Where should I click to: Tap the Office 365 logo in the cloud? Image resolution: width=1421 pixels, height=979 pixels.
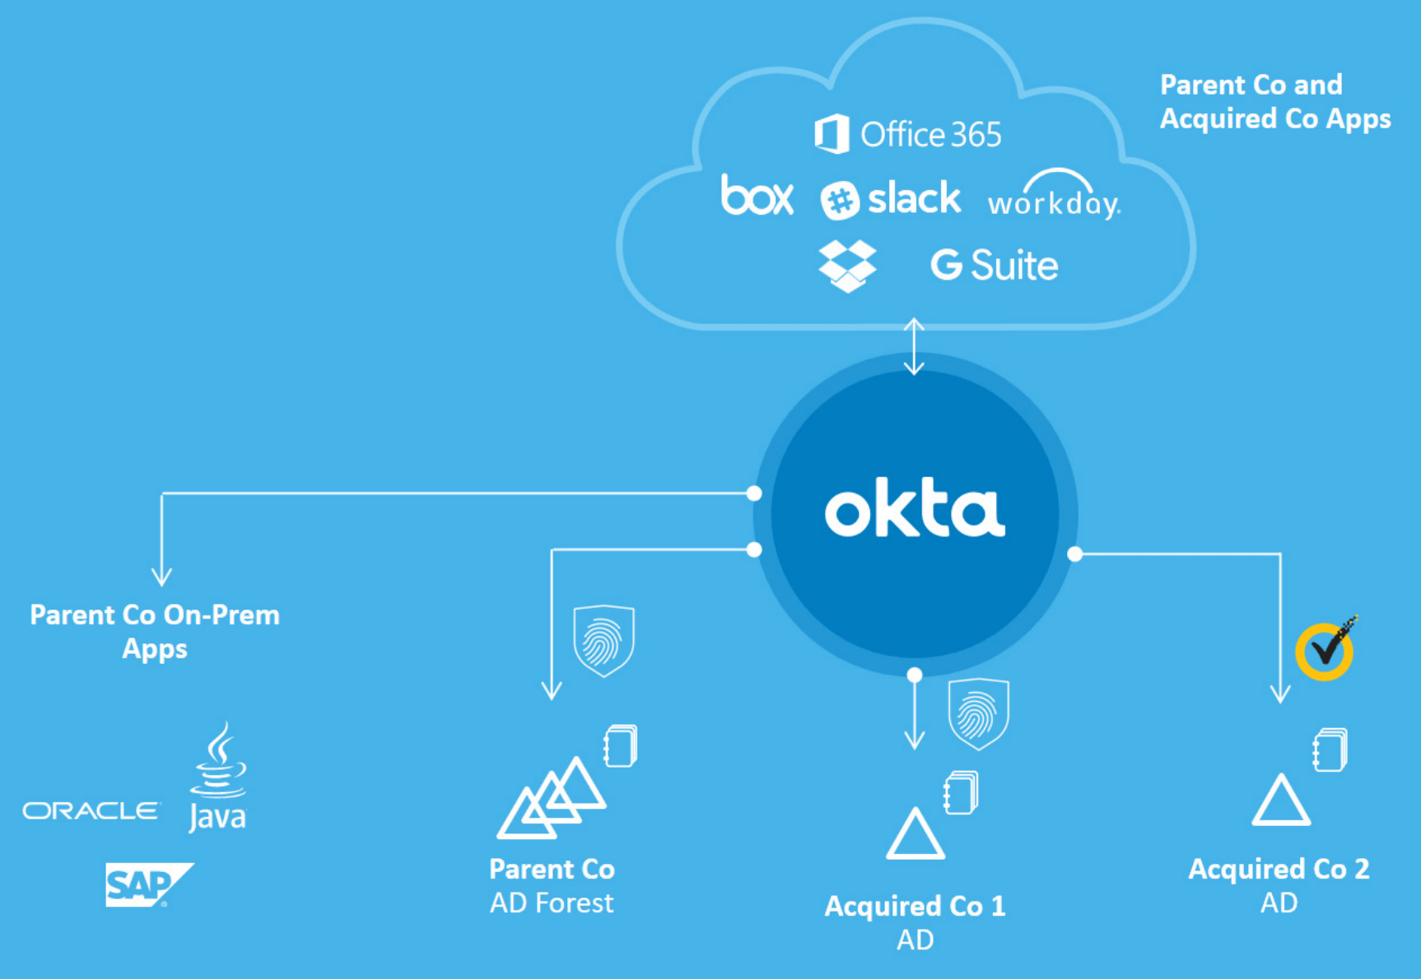click(908, 134)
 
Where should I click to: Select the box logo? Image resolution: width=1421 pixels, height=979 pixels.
click(757, 196)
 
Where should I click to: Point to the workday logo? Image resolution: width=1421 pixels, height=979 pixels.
click(1054, 197)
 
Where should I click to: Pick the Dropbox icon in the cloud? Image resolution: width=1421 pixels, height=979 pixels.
click(847, 266)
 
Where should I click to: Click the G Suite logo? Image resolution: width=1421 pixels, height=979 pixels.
click(994, 266)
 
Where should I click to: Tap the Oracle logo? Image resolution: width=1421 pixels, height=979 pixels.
click(91, 811)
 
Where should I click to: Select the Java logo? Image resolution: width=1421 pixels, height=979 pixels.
click(217, 778)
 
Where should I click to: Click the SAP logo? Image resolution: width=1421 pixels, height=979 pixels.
click(147, 885)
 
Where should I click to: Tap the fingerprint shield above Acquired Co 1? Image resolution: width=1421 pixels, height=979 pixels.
click(978, 713)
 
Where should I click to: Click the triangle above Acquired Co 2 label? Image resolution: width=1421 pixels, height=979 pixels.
click(1280, 801)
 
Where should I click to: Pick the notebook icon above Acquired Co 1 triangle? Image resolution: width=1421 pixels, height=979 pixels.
click(961, 792)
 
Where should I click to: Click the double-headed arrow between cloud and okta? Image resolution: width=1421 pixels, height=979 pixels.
click(914, 346)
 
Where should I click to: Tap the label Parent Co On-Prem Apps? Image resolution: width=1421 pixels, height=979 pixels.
click(155, 632)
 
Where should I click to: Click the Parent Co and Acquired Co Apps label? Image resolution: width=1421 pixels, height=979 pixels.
click(1274, 102)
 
